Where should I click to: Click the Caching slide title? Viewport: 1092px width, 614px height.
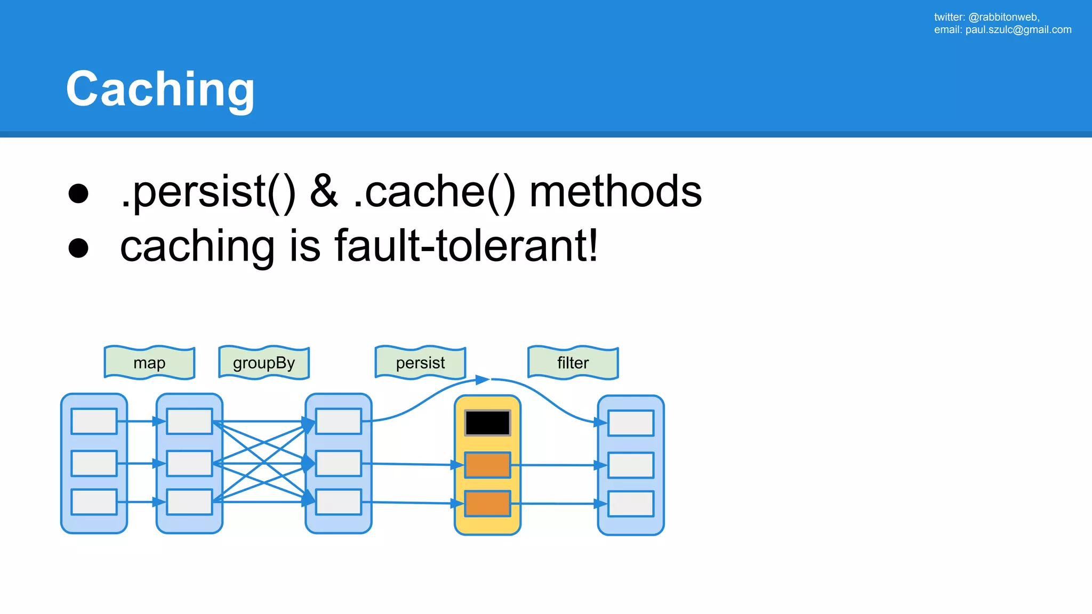click(x=160, y=89)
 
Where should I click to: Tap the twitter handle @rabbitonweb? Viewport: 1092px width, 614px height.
click(x=1003, y=17)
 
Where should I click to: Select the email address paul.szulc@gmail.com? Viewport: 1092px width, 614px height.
click(x=1018, y=30)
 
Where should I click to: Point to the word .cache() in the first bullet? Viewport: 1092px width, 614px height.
click(x=434, y=192)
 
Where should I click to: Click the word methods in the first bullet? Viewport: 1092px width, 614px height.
click(x=615, y=192)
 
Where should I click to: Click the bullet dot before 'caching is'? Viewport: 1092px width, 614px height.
click(x=78, y=248)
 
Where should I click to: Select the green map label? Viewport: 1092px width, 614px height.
click(x=149, y=363)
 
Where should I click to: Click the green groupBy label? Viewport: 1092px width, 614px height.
click(x=264, y=363)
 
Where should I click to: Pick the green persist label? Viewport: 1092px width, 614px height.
click(x=420, y=363)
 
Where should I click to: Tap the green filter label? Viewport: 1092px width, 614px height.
click(x=573, y=363)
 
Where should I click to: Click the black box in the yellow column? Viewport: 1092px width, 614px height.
click(x=487, y=423)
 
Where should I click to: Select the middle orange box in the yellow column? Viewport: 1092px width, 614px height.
click(x=487, y=465)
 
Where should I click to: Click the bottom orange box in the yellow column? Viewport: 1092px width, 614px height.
click(x=487, y=504)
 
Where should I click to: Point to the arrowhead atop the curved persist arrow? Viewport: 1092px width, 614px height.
click(x=483, y=379)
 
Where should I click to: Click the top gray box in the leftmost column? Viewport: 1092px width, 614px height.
click(x=94, y=422)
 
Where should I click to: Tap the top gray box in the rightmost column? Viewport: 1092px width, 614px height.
click(x=631, y=423)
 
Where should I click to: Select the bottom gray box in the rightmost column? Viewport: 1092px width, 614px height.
click(x=631, y=504)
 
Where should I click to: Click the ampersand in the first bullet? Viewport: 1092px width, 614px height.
click(x=324, y=192)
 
